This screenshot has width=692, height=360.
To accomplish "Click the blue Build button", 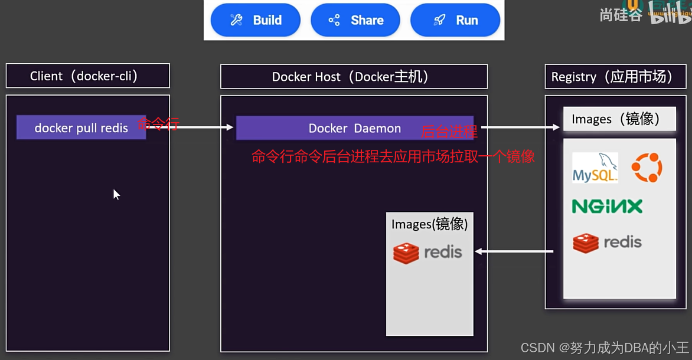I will point(256,20).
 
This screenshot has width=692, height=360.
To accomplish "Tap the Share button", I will point(355,20).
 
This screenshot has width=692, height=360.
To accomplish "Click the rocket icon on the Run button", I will point(439,20).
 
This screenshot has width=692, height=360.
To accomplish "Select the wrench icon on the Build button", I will point(237,20).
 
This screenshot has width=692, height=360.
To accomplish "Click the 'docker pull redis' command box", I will point(81,127).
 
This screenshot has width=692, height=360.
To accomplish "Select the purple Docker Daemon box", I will point(354,128).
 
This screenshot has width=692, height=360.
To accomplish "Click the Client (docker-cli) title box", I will point(87,76).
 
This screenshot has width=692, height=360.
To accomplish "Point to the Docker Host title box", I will point(354,77).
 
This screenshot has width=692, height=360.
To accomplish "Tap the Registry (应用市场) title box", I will point(616,77).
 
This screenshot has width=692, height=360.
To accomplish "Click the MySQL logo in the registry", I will point(595,168).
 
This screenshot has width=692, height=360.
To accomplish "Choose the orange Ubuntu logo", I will point(647,167).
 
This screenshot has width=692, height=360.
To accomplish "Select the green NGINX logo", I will point(607,206).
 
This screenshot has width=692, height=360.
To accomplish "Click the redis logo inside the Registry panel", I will point(607,242).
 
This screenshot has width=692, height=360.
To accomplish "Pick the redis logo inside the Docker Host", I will point(427,253).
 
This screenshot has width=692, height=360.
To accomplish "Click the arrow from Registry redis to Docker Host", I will point(514,251).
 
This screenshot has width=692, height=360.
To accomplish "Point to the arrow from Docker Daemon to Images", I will point(520,127).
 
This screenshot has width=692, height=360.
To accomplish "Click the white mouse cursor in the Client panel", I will point(116,194).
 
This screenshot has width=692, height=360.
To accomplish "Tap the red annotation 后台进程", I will point(449,132).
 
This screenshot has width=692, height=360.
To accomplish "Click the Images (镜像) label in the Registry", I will point(619,119).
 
